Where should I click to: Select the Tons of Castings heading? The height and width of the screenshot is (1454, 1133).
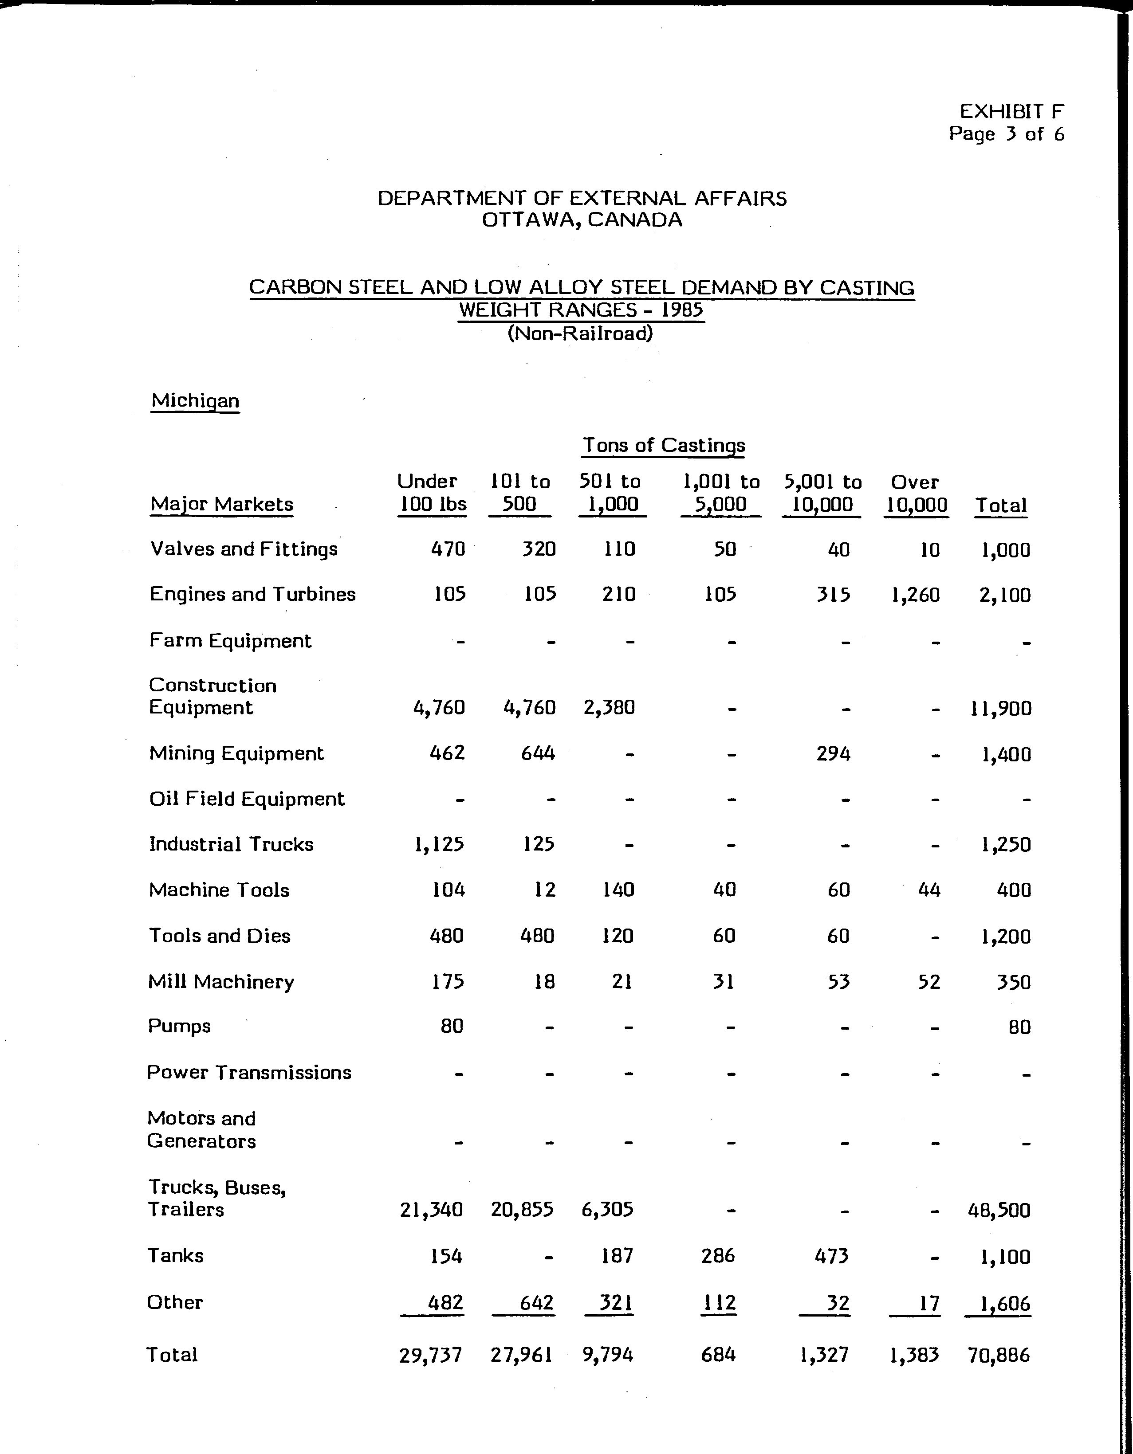point(663,445)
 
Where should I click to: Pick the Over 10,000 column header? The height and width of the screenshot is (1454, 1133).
point(916,494)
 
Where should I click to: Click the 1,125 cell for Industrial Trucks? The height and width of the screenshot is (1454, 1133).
point(439,844)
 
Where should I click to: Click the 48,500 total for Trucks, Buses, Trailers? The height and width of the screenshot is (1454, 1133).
point(999,1210)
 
